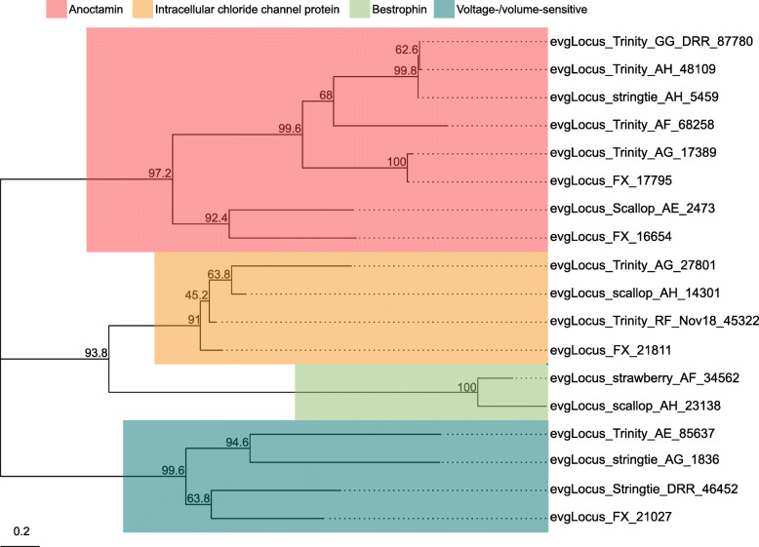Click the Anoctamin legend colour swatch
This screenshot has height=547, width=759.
tap(57, 9)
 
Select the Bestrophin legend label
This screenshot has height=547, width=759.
tap(399, 9)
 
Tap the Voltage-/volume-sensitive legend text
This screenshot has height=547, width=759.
tap(522, 9)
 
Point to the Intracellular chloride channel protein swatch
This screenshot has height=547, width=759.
tap(142, 9)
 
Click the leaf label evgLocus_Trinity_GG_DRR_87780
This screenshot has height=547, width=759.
tap(652, 42)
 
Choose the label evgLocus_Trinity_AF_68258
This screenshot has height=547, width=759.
tap(632, 125)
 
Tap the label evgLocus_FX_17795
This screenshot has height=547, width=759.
tap(611, 181)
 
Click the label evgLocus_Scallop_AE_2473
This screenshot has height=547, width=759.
tap(632, 209)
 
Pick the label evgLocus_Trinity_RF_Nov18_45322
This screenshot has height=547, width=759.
tap(655, 321)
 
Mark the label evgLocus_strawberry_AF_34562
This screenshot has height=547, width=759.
tap(645, 377)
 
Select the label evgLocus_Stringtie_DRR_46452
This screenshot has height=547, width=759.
tap(644, 488)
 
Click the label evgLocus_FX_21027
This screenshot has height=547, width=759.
tap(611, 517)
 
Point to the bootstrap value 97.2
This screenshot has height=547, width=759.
tap(160, 174)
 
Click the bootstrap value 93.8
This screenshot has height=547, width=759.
tap(96, 353)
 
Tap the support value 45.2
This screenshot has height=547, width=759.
tap(196, 295)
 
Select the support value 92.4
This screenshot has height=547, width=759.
tap(216, 218)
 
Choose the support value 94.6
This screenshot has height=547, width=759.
tap(237, 443)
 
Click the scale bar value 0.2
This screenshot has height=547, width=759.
tap(21, 531)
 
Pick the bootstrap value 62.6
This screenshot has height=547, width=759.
tap(407, 50)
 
